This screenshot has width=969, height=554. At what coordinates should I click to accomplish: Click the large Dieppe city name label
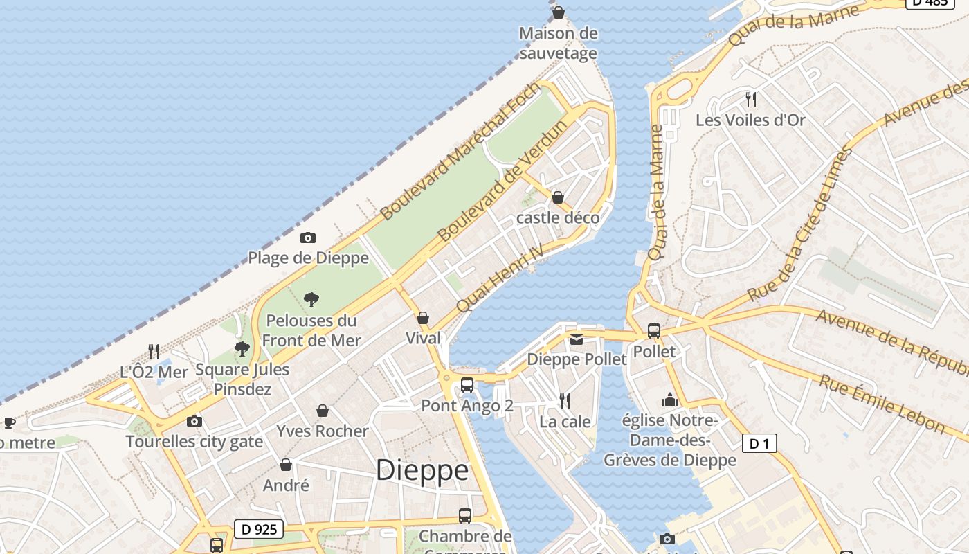click(x=422, y=471)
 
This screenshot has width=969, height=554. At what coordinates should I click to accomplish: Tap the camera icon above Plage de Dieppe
click(x=308, y=238)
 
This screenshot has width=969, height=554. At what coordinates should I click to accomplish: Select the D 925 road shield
click(x=260, y=530)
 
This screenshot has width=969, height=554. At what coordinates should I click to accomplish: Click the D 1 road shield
click(x=759, y=443)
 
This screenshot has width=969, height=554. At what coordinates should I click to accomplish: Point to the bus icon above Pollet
click(x=653, y=331)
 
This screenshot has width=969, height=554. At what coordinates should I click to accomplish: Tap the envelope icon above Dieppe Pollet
click(x=577, y=339)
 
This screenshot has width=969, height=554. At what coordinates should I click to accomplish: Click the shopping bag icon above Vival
click(x=423, y=318)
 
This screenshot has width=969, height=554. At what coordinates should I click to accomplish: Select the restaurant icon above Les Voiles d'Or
click(x=750, y=99)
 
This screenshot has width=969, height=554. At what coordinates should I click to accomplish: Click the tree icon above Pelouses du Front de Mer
click(x=311, y=300)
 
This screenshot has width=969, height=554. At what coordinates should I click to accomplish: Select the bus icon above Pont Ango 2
click(x=467, y=385)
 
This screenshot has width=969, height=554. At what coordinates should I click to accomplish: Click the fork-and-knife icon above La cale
click(x=565, y=400)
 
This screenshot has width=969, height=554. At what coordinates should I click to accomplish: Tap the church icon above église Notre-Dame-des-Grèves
click(x=669, y=400)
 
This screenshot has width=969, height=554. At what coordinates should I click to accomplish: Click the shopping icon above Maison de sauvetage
click(x=558, y=12)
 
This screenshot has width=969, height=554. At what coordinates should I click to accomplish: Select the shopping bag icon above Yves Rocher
click(x=322, y=411)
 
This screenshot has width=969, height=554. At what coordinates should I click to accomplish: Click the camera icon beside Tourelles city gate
click(x=194, y=421)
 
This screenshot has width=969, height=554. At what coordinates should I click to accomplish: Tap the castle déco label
click(x=558, y=217)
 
